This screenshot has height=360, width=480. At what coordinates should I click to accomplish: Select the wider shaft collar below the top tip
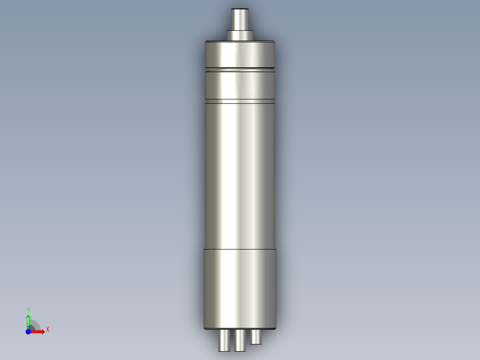tap(240, 35)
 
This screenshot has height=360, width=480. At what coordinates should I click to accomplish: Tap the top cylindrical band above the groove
tap(240, 54)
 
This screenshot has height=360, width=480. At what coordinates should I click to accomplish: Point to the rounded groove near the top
tap(240, 70)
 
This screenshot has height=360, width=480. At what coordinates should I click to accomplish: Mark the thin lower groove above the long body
tap(240, 101)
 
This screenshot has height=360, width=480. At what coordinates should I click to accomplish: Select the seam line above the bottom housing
tap(240, 249)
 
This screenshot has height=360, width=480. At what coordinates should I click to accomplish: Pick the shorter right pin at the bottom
tap(256, 337)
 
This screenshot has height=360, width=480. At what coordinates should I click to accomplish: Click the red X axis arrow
tap(39, 331)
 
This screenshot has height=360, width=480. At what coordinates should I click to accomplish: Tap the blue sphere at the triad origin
tap(28, 331)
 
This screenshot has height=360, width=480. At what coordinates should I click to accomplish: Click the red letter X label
tap(48, 330)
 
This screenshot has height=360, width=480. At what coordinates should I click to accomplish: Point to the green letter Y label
tap(28, 310)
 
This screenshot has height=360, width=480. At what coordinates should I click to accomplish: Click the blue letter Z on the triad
tap(28, 328)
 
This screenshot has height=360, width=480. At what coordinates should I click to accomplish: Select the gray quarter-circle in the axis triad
tap(35, 326)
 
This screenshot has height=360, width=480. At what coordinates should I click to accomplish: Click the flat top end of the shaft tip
tap(240, 9)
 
